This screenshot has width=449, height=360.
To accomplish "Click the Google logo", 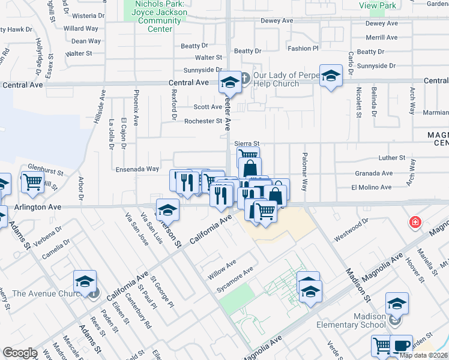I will tap(20, 353).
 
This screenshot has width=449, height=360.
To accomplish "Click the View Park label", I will tap(377, 5).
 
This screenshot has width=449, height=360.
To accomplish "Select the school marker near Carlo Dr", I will tap(330, 76).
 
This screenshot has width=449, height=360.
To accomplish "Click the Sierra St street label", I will tap(246, 144).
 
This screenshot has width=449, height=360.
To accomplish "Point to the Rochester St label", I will tap(203, 121).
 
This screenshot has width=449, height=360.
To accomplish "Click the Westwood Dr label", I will tap(351, 230).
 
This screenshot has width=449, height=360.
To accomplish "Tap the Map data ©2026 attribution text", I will tap(423, 355).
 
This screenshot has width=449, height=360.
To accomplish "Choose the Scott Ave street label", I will tap(208, 107).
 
